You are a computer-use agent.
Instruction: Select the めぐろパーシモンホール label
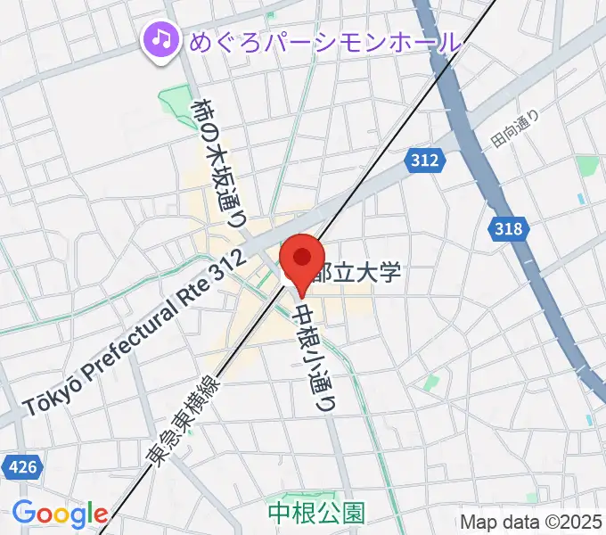pos(324,41)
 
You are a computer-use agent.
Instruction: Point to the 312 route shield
pos(425,160)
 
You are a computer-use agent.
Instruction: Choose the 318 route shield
pos(508,229)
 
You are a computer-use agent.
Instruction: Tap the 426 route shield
pos(16,465)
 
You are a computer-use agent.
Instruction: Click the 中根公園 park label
pos(303,513)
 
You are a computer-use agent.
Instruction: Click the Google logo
pos(60,514)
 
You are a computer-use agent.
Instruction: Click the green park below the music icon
pos(175,103)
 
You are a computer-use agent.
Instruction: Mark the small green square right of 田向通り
pos(586,166)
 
